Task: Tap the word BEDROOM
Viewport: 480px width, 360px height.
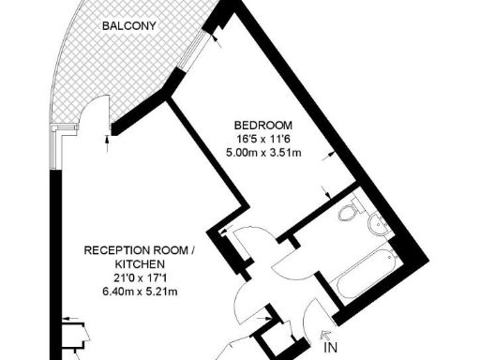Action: click(263, 126)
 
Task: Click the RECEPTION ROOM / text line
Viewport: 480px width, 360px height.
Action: click(140, 251)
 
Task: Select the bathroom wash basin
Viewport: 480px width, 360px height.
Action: click(377, 221)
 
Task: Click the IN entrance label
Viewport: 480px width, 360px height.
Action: click(330, 348)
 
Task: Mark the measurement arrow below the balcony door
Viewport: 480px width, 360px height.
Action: click(108, 142)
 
